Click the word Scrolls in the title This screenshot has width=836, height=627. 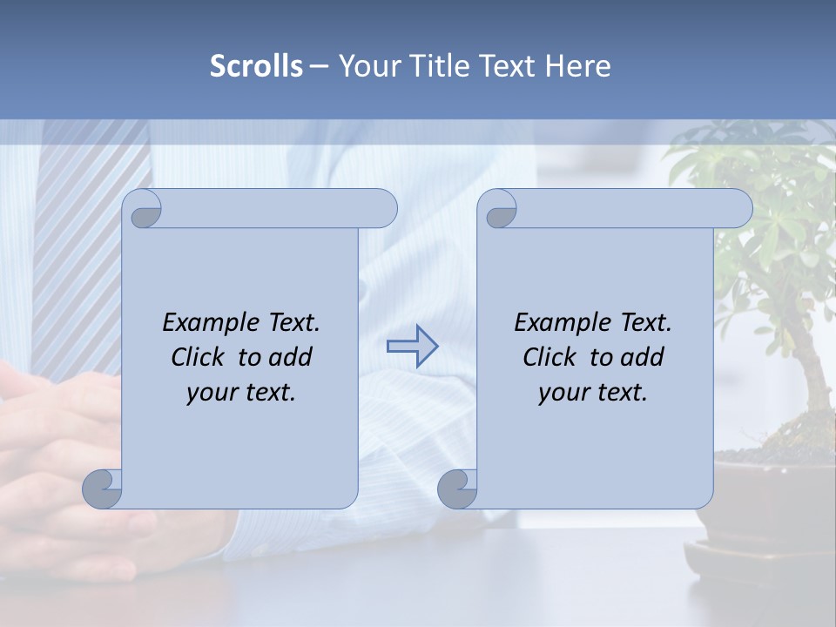(x=256, y=66)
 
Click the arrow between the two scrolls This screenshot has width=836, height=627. (x=412, y=347)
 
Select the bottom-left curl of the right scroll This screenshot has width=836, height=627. (x=458, y=488)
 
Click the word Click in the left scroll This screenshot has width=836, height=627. (x=200, y=357)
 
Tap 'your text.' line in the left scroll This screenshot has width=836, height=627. (x=241, y=392)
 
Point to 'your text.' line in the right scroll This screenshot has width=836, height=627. (x=593, y=392)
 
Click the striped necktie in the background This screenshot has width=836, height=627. (x=78, y=226)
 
